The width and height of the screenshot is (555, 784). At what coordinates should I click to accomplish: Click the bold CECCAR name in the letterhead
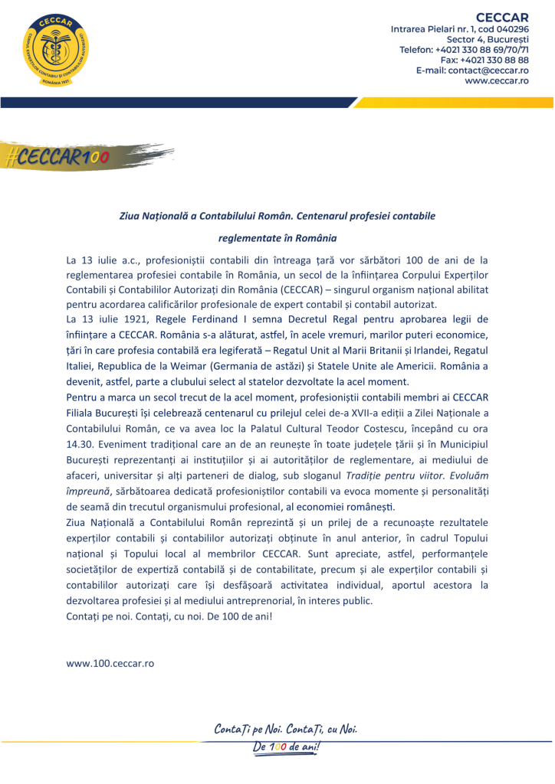point(502,16)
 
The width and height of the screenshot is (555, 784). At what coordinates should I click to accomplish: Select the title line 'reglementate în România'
point(277,238)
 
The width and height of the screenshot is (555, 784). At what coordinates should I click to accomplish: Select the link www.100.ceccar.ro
point(110,663)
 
